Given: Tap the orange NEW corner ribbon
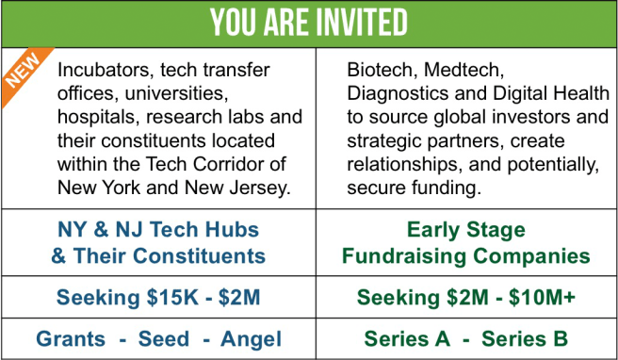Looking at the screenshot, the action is click(x=24, y=72).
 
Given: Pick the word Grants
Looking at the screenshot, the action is click(x=71, y=339).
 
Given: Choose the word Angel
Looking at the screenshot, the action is click(x=251, y=339).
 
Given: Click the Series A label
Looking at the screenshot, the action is click(x=407, y=339).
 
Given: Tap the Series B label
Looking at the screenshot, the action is click(x=525, y=339).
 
